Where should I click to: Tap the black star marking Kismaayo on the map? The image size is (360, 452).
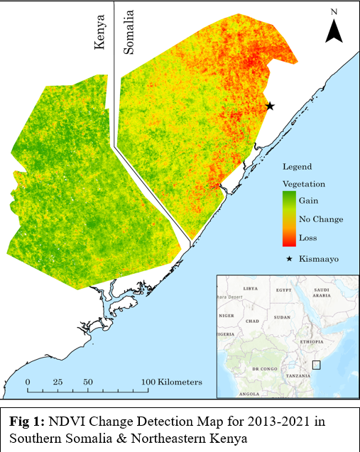point(270,106)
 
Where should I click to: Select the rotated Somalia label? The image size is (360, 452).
point(129,32)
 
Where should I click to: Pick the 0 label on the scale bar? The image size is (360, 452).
point(28,382)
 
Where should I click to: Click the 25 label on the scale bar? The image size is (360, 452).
point(58,382)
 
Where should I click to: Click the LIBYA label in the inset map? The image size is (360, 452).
point(251,289)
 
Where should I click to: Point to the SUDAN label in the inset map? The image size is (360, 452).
point(283,317)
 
